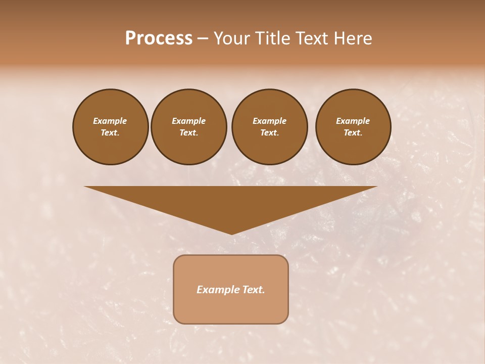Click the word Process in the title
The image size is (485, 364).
tap(159, 38)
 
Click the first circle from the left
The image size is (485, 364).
tap(110, 127)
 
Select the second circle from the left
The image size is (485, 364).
tap(189, 127)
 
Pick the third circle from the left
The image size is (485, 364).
tap(269, 127)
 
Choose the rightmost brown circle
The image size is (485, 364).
tap(353, 127)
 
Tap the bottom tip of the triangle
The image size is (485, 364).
tap(231, 233)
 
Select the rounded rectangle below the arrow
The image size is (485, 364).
tap(231, 289)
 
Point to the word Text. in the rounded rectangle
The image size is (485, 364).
tap(253, 290)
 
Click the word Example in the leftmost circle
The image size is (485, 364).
tap(110, 121)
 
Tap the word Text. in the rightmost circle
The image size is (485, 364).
tap(353, 133)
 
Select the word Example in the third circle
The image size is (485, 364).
tap(269, 121)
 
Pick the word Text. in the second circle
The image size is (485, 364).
tap(189, 133)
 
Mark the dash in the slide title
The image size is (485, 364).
tap(203, 38)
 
